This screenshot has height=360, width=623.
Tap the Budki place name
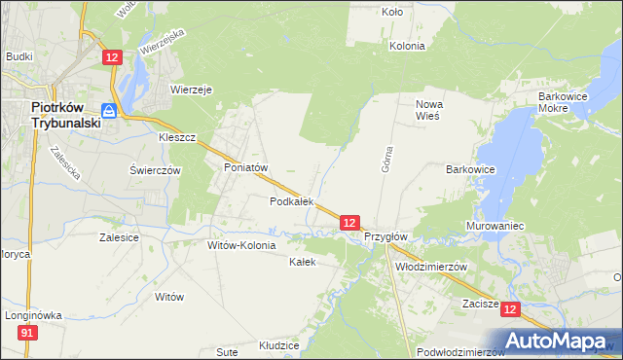click(19, 57)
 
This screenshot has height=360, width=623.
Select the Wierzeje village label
click(192, 89)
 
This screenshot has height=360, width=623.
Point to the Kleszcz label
click(178, 138)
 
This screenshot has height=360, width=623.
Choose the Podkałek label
click(291, 201)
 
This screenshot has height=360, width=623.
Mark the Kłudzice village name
click(278, 345)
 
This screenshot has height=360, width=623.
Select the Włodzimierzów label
click(431, 267)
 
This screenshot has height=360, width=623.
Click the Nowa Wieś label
click(428, 109)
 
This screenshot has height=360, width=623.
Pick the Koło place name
click(392, 13)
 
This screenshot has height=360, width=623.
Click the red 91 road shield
click(28, 334)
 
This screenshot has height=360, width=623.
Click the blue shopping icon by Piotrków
click(110, 112)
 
